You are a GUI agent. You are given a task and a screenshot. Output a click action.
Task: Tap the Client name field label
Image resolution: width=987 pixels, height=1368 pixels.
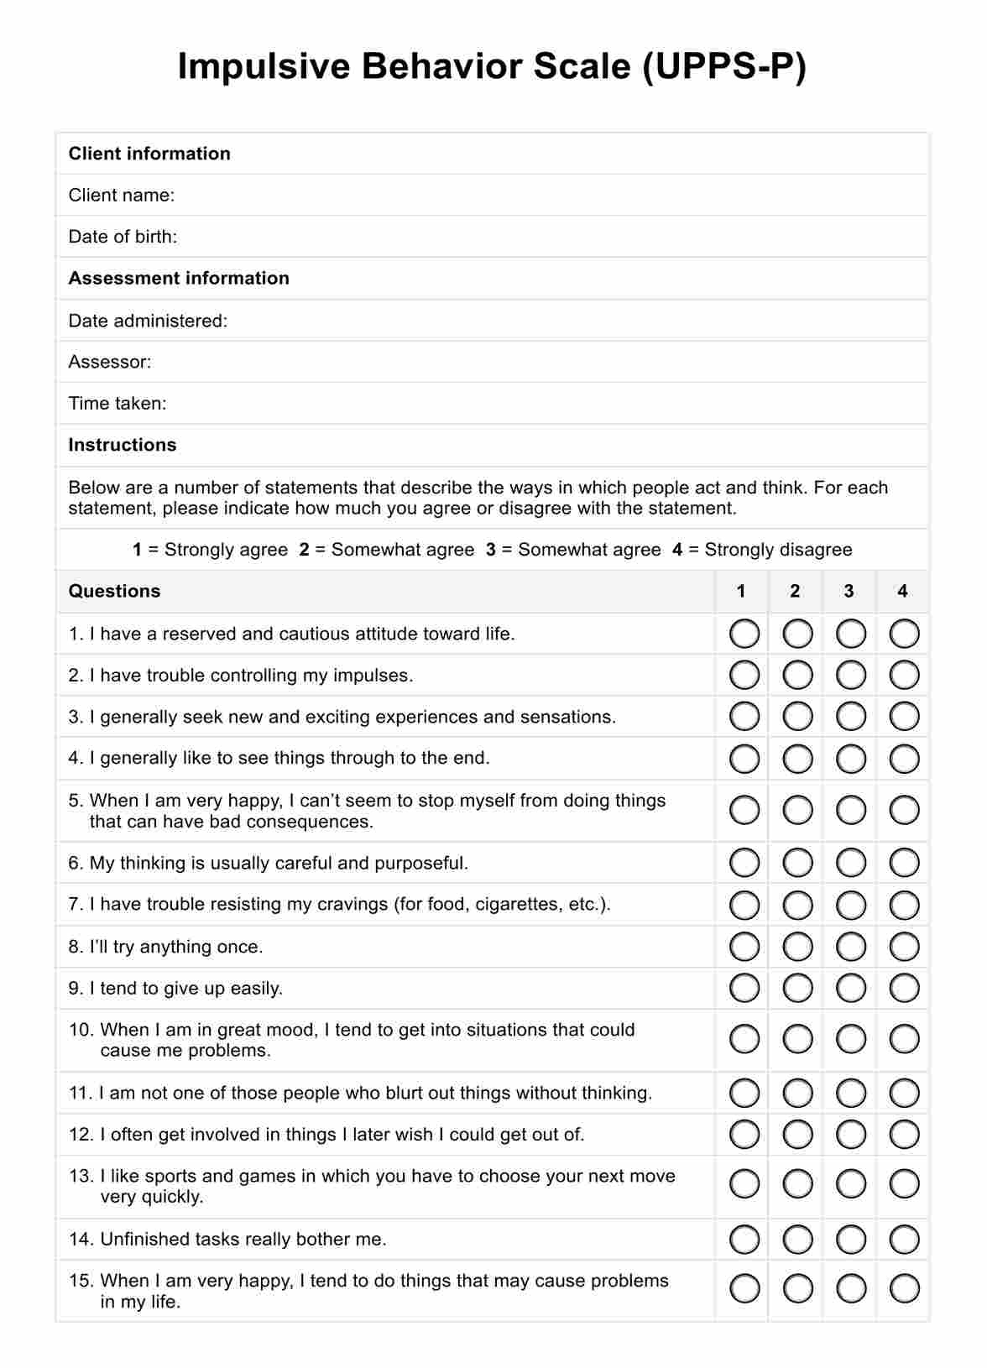(x=122, y=196)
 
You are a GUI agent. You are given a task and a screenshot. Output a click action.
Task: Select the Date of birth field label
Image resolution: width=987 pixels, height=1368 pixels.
(x=123, y=237)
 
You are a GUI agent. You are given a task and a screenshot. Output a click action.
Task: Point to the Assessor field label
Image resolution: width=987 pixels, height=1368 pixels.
(x=110, y=362)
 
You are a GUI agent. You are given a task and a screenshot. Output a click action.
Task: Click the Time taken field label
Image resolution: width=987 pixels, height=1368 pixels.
(x=117, y=404)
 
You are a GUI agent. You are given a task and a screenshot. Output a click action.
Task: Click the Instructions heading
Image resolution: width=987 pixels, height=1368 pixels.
(x=123, y=445)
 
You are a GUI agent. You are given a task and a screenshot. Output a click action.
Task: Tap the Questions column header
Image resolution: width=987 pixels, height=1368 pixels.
(x=114, y=591)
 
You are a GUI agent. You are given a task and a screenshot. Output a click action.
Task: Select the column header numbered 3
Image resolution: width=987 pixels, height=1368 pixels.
(x=849, y=591)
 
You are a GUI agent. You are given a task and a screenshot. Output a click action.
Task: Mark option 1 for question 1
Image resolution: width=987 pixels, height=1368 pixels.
(x=744, y=634)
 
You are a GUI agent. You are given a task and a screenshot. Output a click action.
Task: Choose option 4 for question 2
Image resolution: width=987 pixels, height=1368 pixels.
(x=904, y=675)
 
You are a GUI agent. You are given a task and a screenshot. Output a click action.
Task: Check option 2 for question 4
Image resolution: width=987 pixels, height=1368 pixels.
(x=797, y=759)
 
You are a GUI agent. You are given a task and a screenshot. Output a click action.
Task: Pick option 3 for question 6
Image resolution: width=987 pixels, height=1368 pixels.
(x=851, y=863)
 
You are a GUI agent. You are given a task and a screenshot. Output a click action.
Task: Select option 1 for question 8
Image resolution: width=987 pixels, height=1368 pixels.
(x=744, y=947)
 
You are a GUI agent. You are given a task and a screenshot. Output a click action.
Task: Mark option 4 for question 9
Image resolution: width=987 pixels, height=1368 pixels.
(x=904, y=988)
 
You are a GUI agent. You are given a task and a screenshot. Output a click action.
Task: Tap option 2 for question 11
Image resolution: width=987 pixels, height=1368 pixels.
(x=797, y=1093)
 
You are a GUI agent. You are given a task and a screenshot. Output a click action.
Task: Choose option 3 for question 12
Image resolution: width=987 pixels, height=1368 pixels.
(x=851, y=1135)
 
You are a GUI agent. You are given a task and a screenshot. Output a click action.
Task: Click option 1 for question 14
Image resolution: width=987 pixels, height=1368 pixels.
(x=744, y=1239)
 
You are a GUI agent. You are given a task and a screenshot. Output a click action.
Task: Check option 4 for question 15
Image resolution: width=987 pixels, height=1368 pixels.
(x=904, y=1288)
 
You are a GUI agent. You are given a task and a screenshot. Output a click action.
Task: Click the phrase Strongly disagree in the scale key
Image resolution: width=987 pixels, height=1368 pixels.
(x=778, y=550)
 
